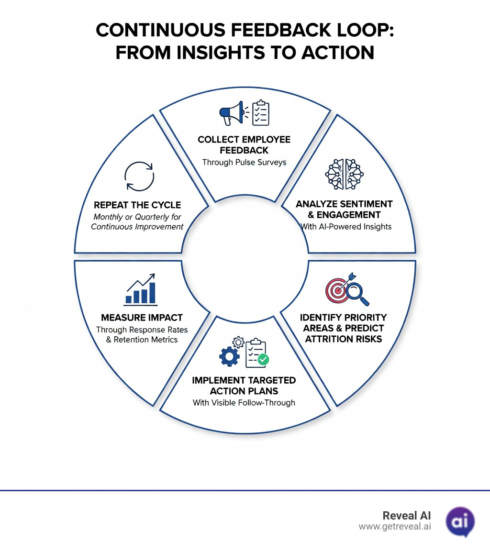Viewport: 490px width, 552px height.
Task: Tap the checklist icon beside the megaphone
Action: pos(261,112)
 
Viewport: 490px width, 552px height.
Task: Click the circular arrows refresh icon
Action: pos(139,177)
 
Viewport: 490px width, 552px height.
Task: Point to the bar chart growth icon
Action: pos(140,289)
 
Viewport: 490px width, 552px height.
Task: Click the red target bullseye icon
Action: pos(338,289)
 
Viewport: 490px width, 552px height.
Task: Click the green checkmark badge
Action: pos(263,359)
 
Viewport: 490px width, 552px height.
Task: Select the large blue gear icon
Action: pos(229,357)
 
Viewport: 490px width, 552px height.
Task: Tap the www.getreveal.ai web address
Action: pos(394,526)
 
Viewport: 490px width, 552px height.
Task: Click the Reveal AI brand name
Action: pos(407,515)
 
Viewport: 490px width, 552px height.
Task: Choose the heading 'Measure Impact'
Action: pos(142,318)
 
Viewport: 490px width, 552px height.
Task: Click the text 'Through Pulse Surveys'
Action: pos(244,162)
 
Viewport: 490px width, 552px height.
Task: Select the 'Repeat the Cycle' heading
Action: pos(137,205)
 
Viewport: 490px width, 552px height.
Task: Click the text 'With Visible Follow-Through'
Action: pos(244,402)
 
